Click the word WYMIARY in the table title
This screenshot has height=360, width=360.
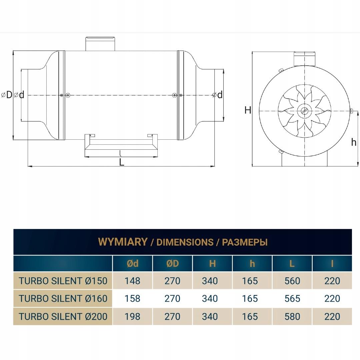tap(123, 242)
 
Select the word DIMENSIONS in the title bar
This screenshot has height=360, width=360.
tap(185, 242)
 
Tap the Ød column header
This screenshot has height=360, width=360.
tap(132, 264)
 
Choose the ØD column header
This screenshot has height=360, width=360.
tap(172, 264)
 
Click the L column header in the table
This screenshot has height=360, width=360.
tap(292, 264)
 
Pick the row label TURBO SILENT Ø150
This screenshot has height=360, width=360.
tap(63, 281)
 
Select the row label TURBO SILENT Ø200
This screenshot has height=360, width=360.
tap(63, 316)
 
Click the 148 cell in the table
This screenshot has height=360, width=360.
tap(132, 281)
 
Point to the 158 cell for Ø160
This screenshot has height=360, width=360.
tap(132, 298)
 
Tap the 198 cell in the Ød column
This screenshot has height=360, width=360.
tap(132, 316)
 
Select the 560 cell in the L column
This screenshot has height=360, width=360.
tap(292, 281)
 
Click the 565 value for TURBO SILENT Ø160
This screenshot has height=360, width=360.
tap(292, 298)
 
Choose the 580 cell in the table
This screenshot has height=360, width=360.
tap(292, 316)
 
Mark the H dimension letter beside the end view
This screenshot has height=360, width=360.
tap(248, 110)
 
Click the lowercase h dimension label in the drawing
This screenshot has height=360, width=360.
tap(354, 142)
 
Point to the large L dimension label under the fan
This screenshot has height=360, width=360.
tap(122, 162)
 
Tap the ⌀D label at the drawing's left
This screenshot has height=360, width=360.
tap(7, 95)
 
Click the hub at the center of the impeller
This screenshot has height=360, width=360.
tap(304, 111)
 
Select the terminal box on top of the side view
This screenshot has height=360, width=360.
tap(100, 44)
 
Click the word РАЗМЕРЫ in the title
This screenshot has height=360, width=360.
tap(245, 242)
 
